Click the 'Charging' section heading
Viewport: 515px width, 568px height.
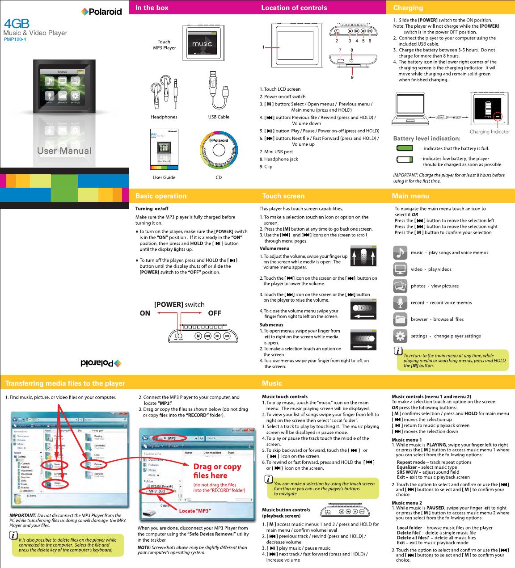[x=408, y=8]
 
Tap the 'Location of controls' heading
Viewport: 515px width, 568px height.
[x=294, y=8]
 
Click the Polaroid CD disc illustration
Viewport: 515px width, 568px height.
[x=220, y=150]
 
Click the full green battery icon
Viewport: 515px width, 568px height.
[x=405, y=148]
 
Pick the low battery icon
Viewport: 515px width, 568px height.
[x=405, y=160]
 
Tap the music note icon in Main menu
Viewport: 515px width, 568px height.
[x=400, y=252]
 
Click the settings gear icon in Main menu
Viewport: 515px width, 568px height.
[x=400, y=336]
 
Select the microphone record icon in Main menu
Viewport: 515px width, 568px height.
[x=400, y=303]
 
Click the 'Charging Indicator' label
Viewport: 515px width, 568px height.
[x=489, y=132]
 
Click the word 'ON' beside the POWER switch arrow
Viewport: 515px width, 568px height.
[x=145, y=313]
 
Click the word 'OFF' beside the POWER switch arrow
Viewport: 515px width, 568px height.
[x=215, y=313]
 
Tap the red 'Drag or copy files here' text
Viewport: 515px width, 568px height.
[x=217, y=471]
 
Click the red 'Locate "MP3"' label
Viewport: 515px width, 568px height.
[x=195, y=511]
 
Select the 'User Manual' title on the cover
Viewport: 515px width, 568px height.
[x=64, y=151]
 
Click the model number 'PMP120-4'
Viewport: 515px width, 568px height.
[x=15, y=39]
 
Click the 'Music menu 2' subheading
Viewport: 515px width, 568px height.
[x=406, y=503]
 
